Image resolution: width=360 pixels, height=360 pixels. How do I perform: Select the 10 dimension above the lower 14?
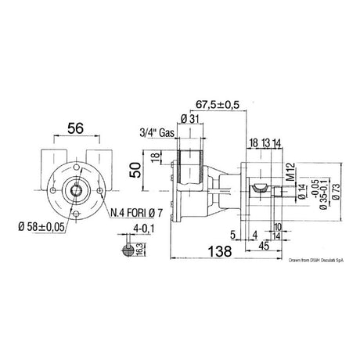tap(279, 226)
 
